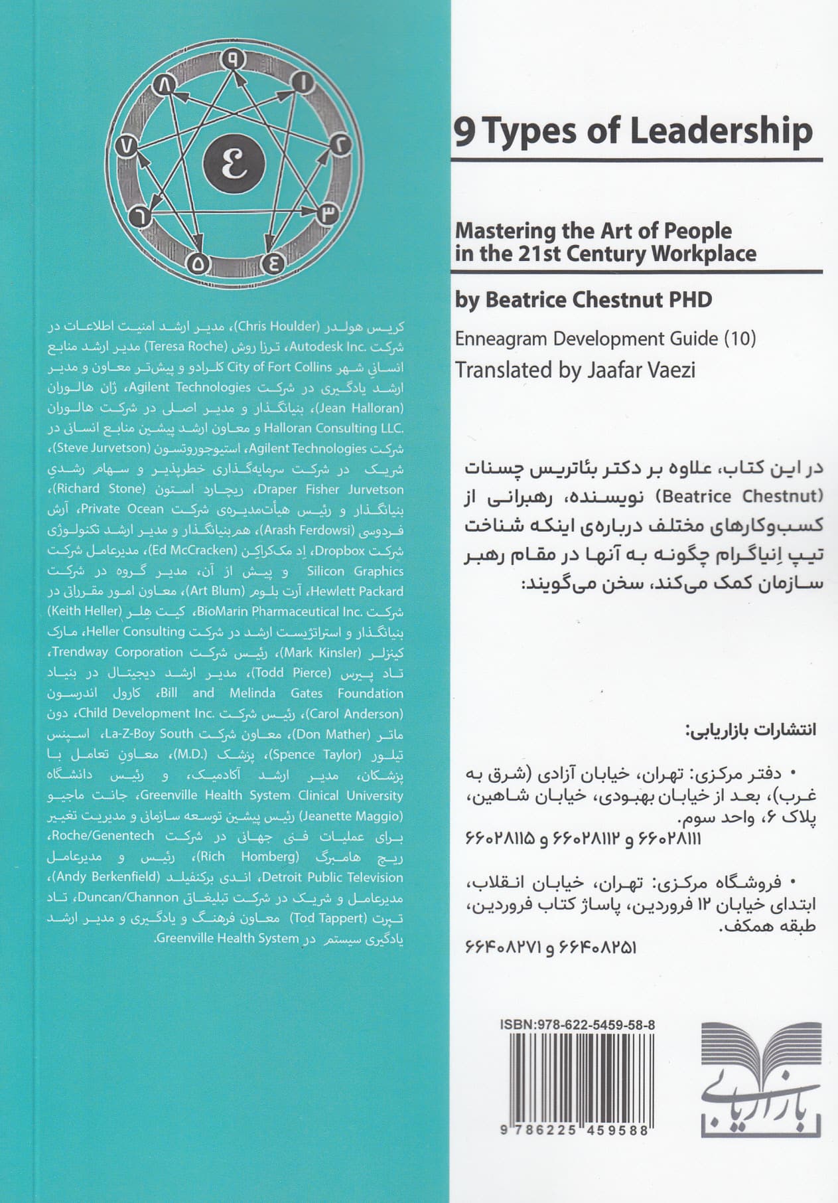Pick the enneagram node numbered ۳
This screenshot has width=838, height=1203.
[329, 214]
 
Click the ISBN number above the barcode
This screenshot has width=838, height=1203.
[577, 1024]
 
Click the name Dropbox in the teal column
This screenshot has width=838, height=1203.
[340, 550]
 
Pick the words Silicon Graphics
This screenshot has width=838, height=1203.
[355, 571]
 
